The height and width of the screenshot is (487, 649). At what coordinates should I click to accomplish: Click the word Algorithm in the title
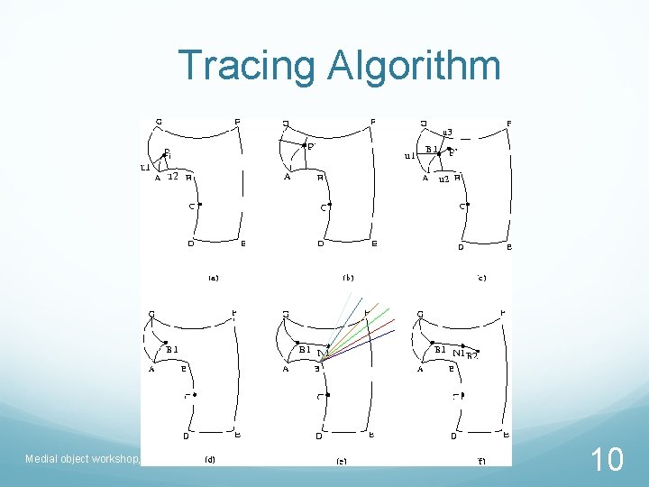pyautogui.click(x=415, y=65)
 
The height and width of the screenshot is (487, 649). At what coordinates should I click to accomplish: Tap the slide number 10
pyautogui.click(x=607, y=461)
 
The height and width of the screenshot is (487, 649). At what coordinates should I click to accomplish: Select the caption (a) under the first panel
pyautogui.click(x=213, y=278)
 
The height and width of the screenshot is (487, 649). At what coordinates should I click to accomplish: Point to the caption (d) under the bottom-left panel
pyautogui.click(x=210, y=459)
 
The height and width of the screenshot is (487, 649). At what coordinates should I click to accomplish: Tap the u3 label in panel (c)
pyautogui.click(x=447, y=133)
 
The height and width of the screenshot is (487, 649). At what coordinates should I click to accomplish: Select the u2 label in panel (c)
pyautogui.click(x=443, y=179)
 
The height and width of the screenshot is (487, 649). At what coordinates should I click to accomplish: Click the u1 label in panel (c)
pyautogui.click(x=409, y=155)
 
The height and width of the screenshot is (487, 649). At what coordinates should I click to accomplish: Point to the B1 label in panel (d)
pyautogui.click(x=171, y=349)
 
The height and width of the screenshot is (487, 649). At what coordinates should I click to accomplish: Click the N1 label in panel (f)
pyautogui.click(x=458, y=353)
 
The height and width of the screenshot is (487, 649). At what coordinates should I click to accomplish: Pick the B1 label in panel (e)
pyautogui.click(x=305, y=349)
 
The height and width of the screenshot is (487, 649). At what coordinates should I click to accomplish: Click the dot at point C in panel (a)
pyautogui.click(x=199, y=205)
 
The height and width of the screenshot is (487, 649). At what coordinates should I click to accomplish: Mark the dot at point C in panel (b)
pyautogui.click(x=330, y=205)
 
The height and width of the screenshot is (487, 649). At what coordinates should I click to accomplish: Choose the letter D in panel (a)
pyautogui.click(x=190, y=243)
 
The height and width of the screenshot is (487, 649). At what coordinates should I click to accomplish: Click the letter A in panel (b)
pyautogui.click(x=287, y=178)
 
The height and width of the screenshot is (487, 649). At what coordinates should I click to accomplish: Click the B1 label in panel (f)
pyautogui.click(x=440, y=349)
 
